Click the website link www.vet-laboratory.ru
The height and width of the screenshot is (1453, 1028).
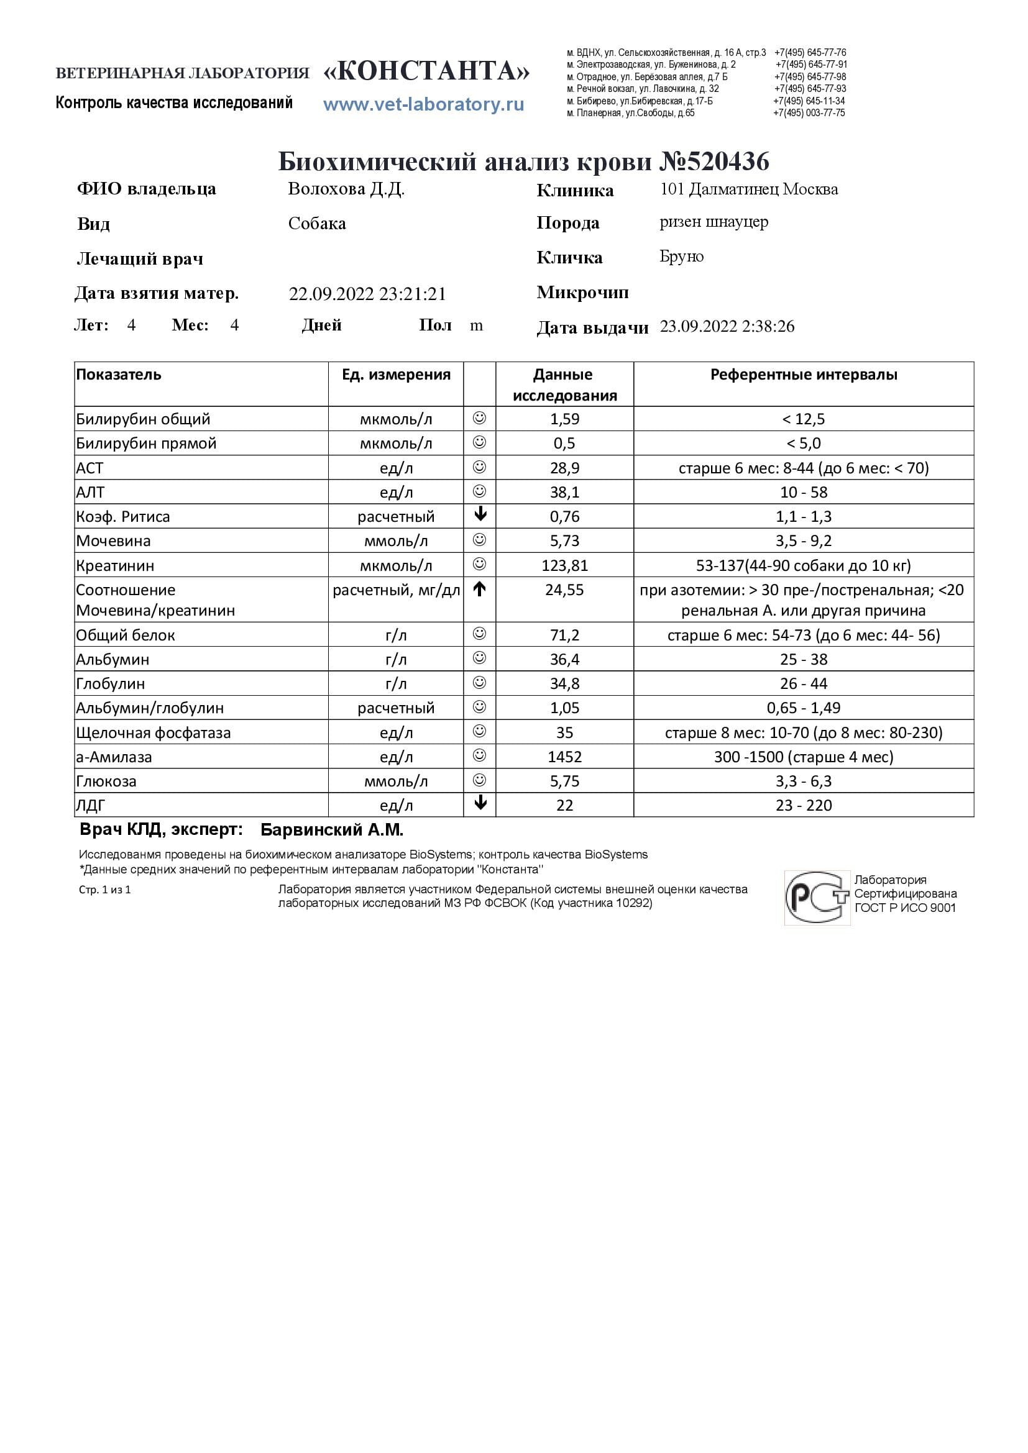point(423,104)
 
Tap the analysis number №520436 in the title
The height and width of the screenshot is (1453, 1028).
point(714,162)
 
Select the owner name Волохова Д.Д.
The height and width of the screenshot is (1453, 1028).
point(346,189)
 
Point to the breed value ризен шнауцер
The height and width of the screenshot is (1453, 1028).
point(714,222)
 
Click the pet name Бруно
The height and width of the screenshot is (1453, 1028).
point(681,257)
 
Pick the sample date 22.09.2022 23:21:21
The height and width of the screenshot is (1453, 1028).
point(367,294)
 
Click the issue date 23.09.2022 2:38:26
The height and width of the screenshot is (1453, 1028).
point(727,327)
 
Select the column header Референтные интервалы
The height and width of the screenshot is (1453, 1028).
point(803,375)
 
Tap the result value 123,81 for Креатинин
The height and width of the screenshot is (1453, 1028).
point(564,565)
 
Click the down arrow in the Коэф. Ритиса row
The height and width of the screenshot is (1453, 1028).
point(480,515)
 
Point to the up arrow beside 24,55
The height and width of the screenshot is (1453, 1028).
point(480,589)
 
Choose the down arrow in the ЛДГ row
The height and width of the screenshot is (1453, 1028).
point(480,804)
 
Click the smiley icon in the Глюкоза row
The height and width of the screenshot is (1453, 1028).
point(480,780)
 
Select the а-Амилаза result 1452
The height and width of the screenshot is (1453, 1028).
point(564,757)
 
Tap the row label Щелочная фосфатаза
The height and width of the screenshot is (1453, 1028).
point(153,733)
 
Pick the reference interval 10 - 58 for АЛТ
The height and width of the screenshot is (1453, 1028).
point(803,493)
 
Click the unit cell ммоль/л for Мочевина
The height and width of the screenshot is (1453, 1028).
point(396,541)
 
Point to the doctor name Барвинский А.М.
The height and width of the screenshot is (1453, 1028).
point(332,831)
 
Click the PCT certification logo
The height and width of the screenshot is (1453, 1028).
point(817,898)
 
